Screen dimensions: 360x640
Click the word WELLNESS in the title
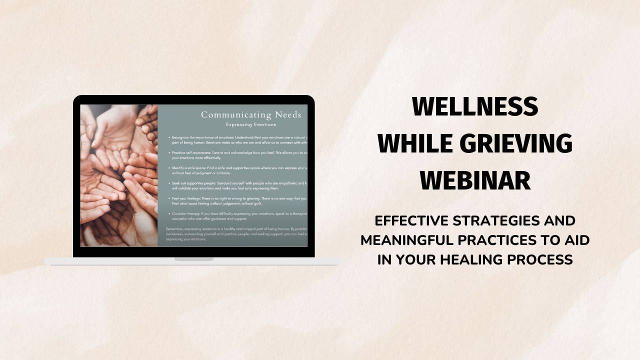coord(474,106)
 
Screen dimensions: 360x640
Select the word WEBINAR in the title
coord(474,180)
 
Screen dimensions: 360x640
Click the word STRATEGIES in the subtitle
coord(499,220)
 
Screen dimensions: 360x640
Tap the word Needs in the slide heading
coord(287,115)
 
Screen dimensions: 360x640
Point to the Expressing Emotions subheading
coord(250,124)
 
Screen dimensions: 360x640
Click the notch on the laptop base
coord(193,259)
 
